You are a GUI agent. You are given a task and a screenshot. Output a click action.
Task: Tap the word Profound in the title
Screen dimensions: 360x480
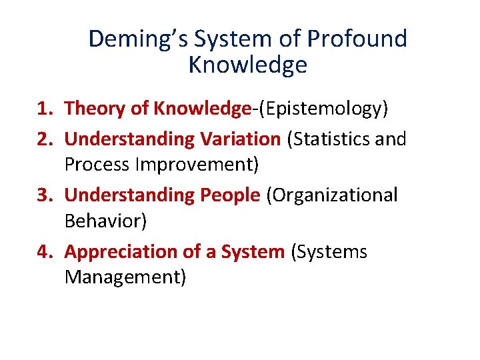(357, 39)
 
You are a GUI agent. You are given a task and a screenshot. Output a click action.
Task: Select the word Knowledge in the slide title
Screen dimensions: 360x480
(247, 65)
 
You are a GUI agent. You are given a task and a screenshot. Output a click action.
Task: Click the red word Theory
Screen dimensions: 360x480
(93, 109)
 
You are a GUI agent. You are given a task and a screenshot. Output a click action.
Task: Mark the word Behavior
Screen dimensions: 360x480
(105, 220)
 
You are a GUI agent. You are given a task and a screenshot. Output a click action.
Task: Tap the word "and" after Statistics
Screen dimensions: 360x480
(391, 139)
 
